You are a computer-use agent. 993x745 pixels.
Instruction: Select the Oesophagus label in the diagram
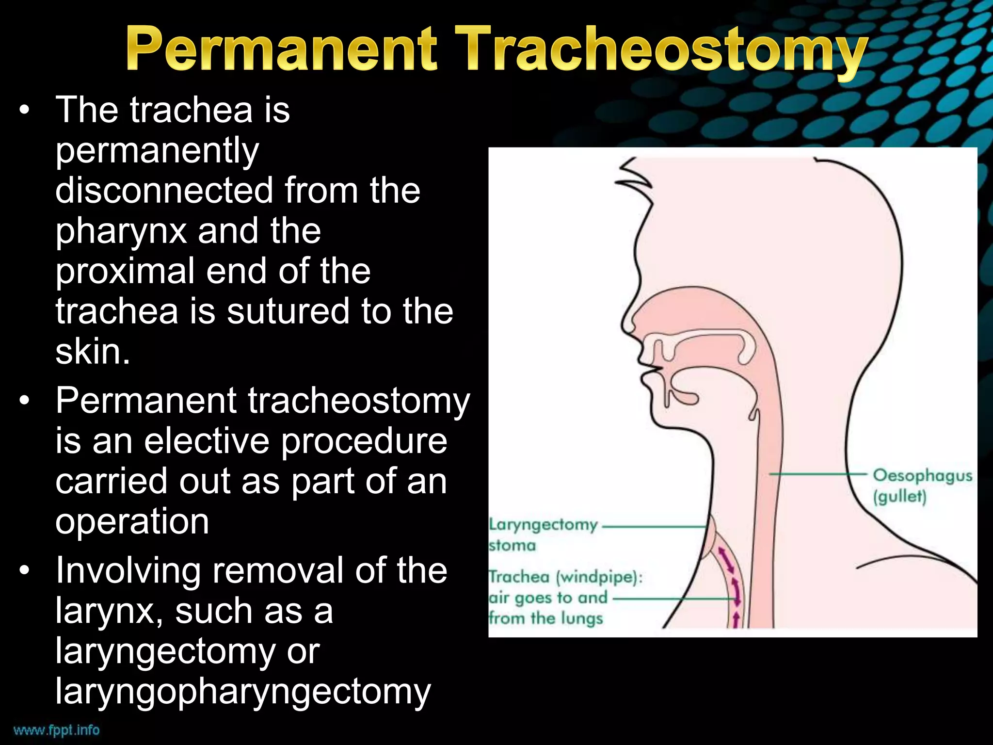pyautogui.click(x=922, y=475)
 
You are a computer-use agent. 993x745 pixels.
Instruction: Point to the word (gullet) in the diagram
pyautogui.click(x=899, y=497)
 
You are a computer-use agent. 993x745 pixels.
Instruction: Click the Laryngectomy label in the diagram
pyautogui.click(x=543, y=525)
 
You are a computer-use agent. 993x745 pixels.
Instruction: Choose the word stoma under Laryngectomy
pyautogui.click(x=513, y=546)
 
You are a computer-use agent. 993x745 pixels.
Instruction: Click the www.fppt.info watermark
pyautogui.click(x=56, y=730)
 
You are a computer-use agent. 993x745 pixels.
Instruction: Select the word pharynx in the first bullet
pyautogui.click(x=121, y=231)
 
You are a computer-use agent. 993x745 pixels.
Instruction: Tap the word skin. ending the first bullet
pyautogui.click(x=93, y=352)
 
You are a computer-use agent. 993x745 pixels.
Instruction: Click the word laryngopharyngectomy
pyautogui.click(x=243, y=692)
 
